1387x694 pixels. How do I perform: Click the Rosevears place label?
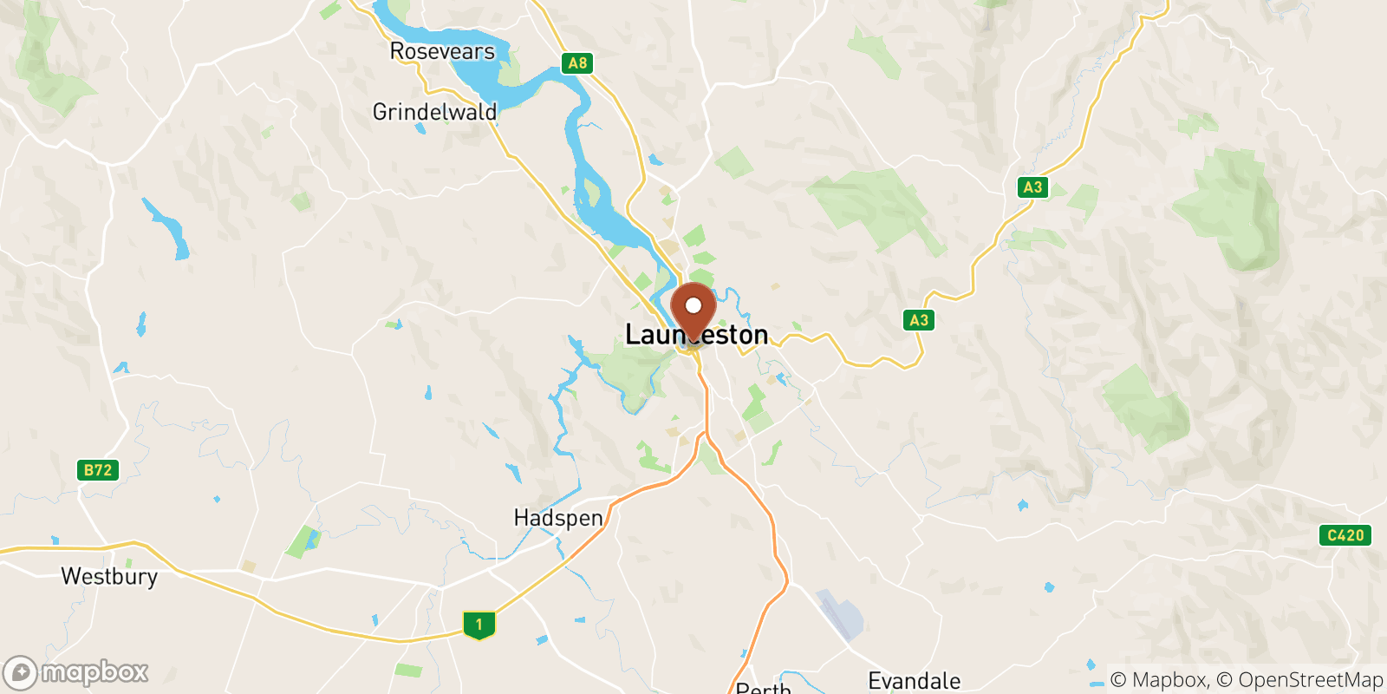point(442,52)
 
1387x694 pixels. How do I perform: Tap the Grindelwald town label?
point(434,112)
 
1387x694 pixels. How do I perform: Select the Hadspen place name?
point(558,518)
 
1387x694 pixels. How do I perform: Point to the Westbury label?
point(109,577)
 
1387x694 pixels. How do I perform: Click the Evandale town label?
point(915,681)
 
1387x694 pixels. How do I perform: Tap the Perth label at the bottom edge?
point(763,688)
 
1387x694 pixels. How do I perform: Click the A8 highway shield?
point(577,62)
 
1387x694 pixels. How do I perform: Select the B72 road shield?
point(98,470)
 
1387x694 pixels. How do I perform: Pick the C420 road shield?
point(1345,535)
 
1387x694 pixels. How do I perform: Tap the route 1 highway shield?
point(479,625)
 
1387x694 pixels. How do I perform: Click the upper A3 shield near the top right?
point(1032,187)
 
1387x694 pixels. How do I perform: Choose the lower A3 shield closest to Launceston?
point(919,320)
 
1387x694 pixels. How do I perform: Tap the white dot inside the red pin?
point(693,305)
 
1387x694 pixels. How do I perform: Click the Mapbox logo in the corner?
point(76,672)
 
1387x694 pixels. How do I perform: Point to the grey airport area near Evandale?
point(840,614)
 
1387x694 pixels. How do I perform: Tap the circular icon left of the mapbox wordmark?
point(20,673)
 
